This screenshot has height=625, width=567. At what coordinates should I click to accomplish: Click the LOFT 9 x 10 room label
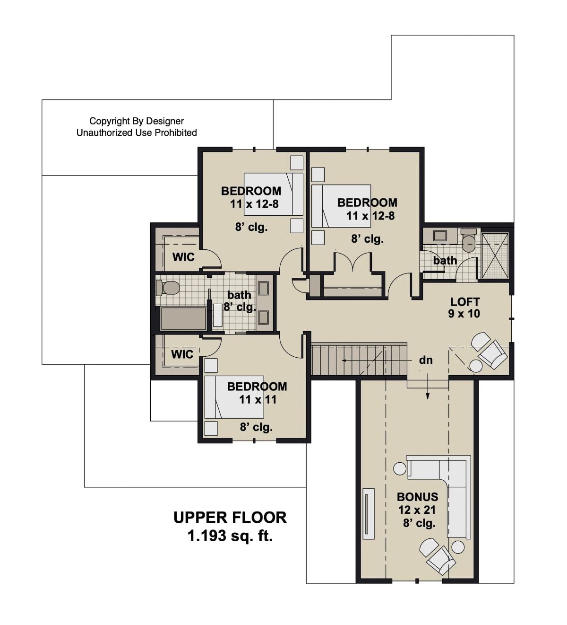click(x=464, y=308)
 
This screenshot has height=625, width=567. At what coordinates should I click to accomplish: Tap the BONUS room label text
click(x=417, y=497)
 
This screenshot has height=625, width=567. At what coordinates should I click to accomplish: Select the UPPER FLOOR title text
click(x=230, y=517)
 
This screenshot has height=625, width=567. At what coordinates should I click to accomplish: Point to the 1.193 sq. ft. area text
click(x=230, y=536)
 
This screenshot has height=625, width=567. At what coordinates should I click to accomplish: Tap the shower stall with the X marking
click(x=495, y=255)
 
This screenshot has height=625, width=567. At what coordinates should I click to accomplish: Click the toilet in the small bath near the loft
click(x=469, y=241)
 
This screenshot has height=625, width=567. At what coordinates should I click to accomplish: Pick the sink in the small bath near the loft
click(x=440, y=236)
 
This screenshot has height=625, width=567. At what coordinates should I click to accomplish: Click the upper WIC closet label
click(x=183, y=257)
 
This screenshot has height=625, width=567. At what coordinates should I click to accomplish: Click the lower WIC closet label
click(x=182, y=354)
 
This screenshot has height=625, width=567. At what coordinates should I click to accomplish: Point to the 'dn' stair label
click(x=426, y=360)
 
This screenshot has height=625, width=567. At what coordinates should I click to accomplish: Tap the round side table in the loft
click(x=475, y=366)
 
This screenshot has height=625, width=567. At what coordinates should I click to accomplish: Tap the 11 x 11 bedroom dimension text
click(x=258, y=399)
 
